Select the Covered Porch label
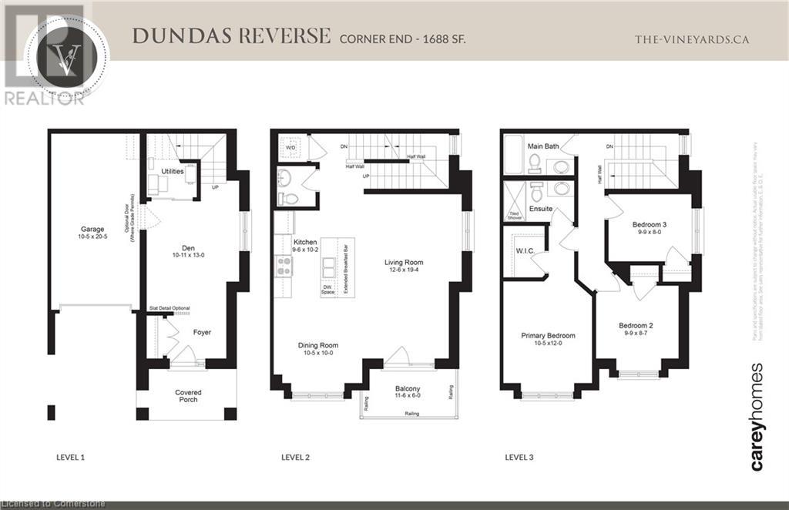pyautogui.click(x=188, y=395)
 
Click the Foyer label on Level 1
pyautogui.click(x=202, y=332)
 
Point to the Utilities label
pyautogui.click(x=173, y=171)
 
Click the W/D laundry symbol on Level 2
pyautogui.click(x=290, y=146)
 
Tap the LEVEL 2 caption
pyautogui.click(x=295, y=457)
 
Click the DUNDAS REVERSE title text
pyautogui.click(x=231, y=36)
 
